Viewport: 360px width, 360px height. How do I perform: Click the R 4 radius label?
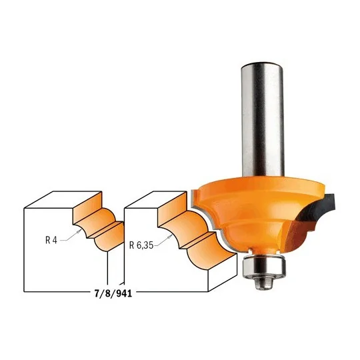point(51,240)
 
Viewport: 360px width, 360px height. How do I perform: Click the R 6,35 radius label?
point(141,245)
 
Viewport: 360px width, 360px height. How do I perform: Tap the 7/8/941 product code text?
point(113,293)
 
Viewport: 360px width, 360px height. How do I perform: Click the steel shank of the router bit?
point(262,119)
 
